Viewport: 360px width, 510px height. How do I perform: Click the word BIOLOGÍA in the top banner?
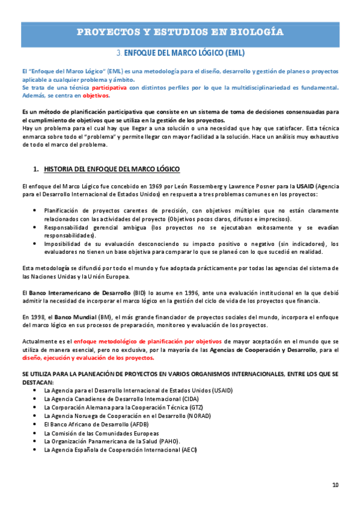tap(253, 32)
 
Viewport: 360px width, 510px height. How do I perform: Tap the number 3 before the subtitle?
tap(119, 52)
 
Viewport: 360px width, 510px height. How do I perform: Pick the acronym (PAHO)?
tap(168, 441)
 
